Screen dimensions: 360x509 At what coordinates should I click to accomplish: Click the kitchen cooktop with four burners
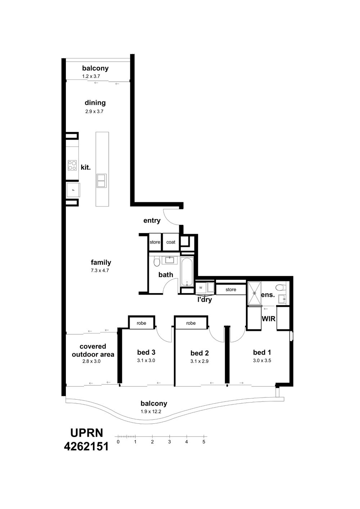(72, 165)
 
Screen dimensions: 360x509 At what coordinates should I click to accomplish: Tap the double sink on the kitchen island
(102, 181)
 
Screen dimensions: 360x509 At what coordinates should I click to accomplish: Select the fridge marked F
(73, 190)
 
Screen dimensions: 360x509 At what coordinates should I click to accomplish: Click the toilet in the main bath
(157, 261)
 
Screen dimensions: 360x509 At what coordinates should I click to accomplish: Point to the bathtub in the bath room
(187, 272)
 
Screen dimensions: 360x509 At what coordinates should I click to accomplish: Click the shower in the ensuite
(255, 293)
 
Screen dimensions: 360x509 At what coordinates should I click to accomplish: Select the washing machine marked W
(201, 288)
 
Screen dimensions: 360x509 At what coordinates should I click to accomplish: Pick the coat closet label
(171, 242)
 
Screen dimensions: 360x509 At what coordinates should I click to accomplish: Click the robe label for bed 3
(141, 323)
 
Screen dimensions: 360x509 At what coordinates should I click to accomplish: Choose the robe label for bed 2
(190, 323)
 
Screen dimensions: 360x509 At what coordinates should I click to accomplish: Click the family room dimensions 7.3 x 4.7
(100, 271)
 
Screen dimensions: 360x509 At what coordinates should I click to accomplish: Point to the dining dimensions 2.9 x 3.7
(94, 112)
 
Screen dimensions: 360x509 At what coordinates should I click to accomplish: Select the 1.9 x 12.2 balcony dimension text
(151, 412)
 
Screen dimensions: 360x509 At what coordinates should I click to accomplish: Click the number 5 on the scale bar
(204, 442)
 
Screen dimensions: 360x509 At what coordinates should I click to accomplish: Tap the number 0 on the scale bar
(118, 442)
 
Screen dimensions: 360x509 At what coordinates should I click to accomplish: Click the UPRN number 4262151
(86, 446)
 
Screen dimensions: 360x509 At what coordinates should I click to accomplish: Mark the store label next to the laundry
(231, 290)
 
